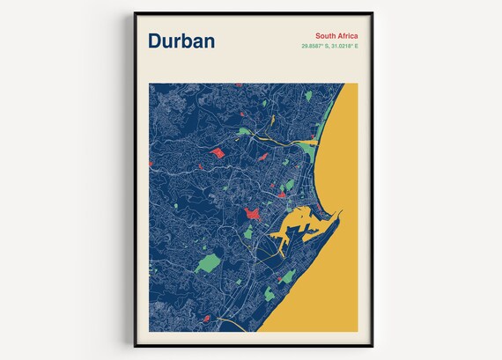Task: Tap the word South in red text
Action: coord(314,34)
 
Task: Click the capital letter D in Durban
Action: coord(156,41)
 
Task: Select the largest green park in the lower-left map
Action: coord(208,262)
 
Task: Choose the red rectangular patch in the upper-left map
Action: coord(217,153)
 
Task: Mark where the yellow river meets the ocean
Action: coord(317,143)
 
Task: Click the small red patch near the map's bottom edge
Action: coord(207,318)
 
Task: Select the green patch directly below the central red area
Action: coord(248,233)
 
